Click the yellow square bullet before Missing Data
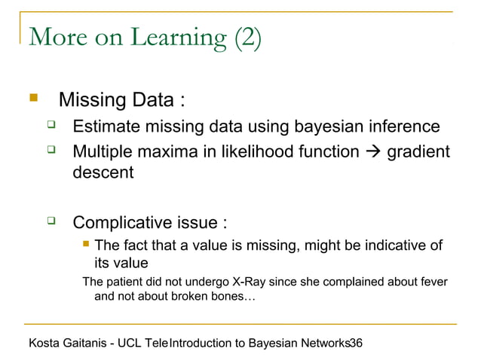32,98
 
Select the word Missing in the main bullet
90,99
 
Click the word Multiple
103,152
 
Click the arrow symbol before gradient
373,153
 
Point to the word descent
103,172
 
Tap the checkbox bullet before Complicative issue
51,222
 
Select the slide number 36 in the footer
356,343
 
